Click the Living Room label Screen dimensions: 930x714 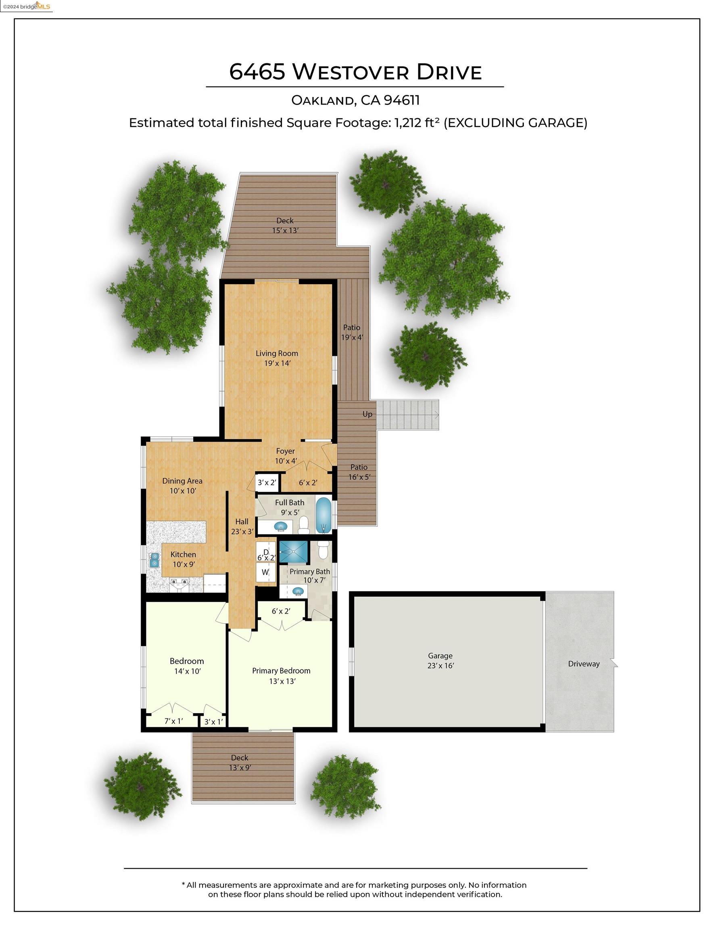tap(277, 353)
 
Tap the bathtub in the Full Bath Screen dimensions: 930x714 tap(324, 515)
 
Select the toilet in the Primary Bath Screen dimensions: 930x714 tap(323, 550)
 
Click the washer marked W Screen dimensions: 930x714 tap(265, 572)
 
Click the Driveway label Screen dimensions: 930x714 tap(584, 664)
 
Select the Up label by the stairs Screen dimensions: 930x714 tap(367, 414)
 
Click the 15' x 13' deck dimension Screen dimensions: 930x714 tap(286, 230)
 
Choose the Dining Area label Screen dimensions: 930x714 tap(182, 481)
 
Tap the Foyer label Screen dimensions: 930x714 tap(285, 451)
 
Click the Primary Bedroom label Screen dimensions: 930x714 tap(281, 670)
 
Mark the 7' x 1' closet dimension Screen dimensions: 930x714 tap(173, 721)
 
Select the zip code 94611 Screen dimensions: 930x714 tap(402, 100)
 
